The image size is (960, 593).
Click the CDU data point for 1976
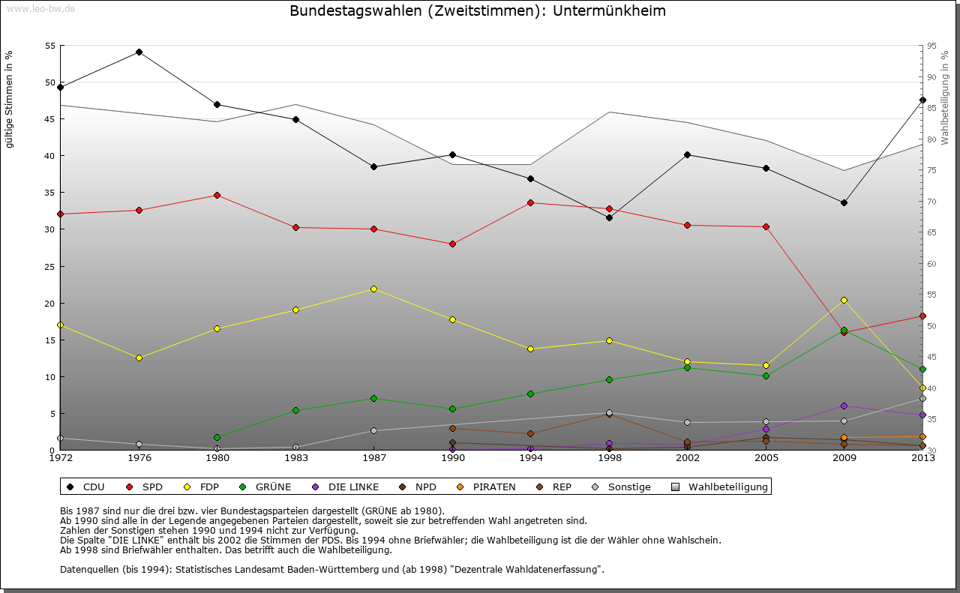(x=139, y=52)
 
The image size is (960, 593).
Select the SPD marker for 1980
(x=217, y=195)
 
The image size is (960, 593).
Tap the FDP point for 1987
(x=373, y=289)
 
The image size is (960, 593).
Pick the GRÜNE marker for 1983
(x=295, y=410)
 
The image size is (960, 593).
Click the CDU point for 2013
(x=922, y=100)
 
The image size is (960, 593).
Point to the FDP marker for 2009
(x=844, y=300)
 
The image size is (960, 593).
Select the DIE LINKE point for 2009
(x=844, y=406)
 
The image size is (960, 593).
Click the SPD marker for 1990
(x=452, y=244)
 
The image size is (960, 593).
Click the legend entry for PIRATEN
(x=487, y=487)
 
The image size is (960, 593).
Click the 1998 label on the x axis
(x=609, y=457)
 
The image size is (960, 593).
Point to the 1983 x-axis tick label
(x=295, y=457)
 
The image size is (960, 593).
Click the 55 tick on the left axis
(x=50, y=46)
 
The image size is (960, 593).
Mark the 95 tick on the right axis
(x=931, y=46)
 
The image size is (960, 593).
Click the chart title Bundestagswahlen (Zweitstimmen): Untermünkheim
(x=478, y=11)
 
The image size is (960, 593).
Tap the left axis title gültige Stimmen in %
(x=9, y=100)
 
